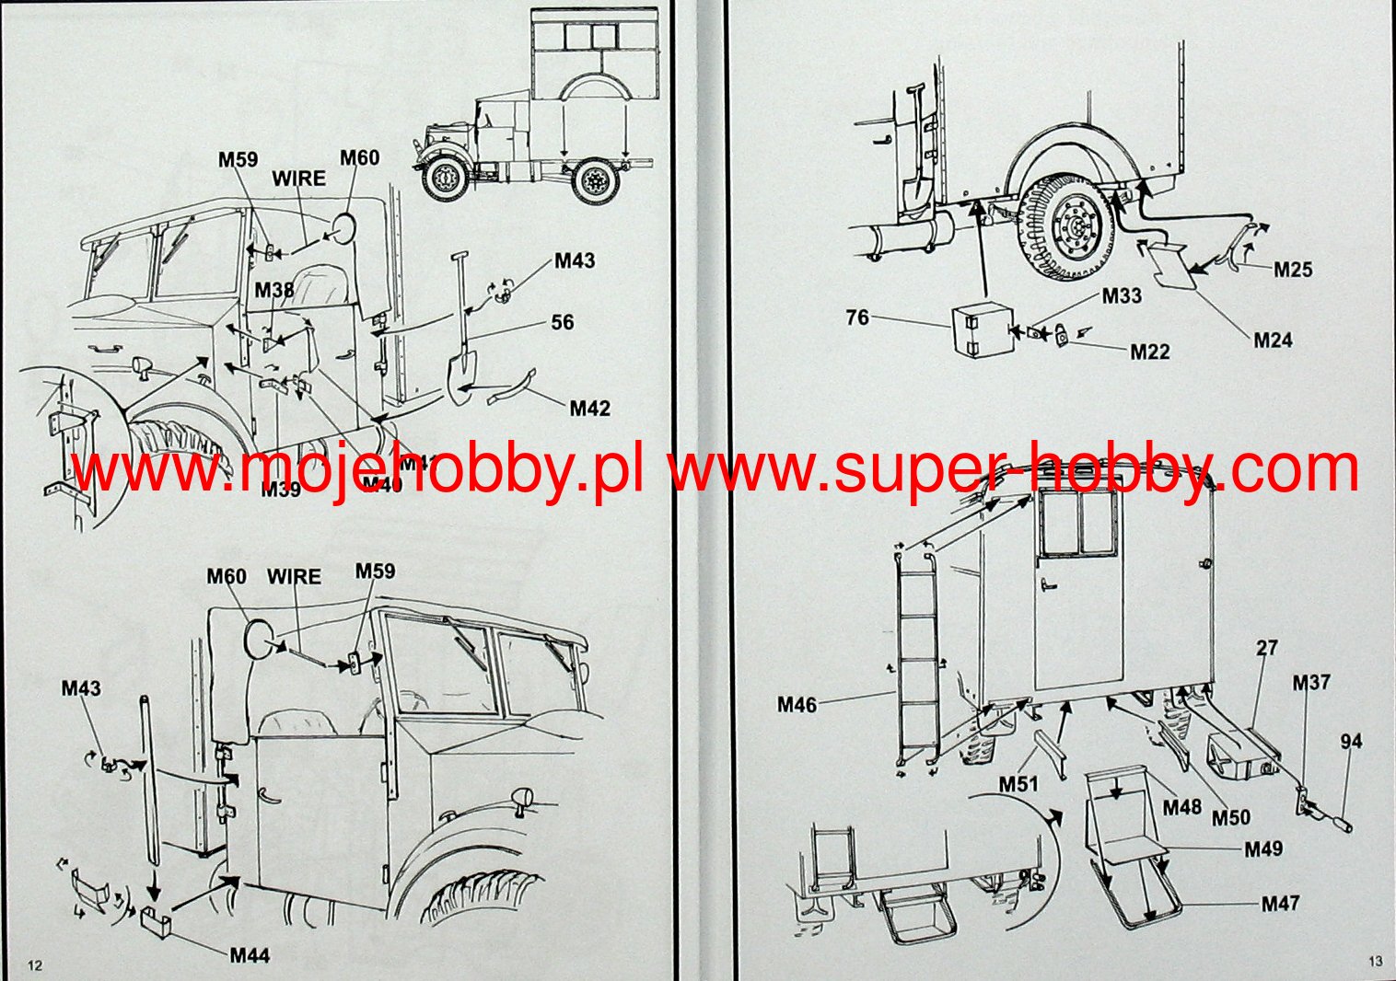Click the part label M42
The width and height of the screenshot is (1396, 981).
click(589, 408)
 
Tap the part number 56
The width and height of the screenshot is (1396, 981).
click(562, 322)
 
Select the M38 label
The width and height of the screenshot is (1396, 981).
click(274, 291)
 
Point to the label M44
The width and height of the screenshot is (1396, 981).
click(250, 955)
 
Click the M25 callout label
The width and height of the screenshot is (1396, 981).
click(1293, 270)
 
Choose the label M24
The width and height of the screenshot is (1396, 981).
click(1273, 340)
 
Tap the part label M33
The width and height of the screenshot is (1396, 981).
click(1122, 295)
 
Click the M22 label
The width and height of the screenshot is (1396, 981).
click(1149, 352)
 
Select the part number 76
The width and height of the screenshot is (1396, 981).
click(856, 317)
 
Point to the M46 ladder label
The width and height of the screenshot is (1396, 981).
click(797, 705)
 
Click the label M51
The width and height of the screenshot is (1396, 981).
click(1018, 784)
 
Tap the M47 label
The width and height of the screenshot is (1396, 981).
click(1280, 904)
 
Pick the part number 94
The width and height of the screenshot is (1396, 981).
click(1351, 742)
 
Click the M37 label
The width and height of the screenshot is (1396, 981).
click(1311, 683)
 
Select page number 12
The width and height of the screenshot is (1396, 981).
click(35, 965)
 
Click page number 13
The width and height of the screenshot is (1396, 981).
click(1375, 962)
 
